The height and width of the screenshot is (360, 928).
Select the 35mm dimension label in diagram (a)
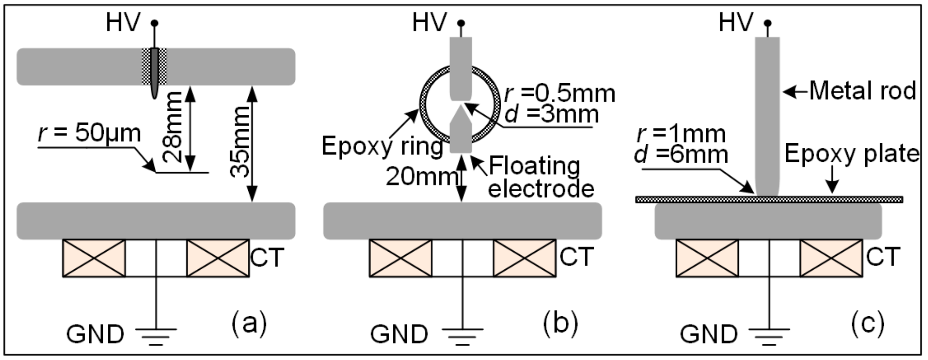pyautogui.click(x=240, y=141)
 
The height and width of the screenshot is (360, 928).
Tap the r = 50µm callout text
pyautogui.click(x=90, y=133)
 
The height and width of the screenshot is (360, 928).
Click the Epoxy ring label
pyautogui.click(x=382, y=147)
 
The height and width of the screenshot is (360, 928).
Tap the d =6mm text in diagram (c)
pyautogui.click(x=681, y=154)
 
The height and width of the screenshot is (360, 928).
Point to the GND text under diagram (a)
pyautogui.click(x=95, y=334)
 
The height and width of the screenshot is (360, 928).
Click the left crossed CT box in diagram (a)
pyautogui.click(x=94, y=258)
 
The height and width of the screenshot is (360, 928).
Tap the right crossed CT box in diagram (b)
pyautogui.click(x=524, y=258)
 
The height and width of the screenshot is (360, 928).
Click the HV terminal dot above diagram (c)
pyautogui.click(x=768, y=23)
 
